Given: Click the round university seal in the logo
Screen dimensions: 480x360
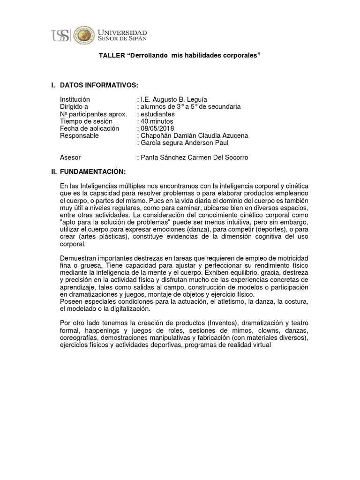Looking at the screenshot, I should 85,35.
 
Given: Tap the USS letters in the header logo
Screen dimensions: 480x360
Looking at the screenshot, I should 60,36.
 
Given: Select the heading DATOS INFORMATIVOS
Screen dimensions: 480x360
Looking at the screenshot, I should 99,85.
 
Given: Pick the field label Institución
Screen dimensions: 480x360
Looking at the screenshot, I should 75,99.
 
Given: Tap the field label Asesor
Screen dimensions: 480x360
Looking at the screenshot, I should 70,157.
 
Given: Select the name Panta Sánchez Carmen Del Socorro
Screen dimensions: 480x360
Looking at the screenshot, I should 194,157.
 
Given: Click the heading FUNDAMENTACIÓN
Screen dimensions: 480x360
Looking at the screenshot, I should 93,172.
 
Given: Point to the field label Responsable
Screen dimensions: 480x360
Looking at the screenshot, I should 80,136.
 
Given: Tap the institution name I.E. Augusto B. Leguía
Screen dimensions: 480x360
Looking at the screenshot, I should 173,99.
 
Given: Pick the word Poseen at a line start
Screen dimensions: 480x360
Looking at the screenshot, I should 71,302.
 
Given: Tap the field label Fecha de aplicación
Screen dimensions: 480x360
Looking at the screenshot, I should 90,128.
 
